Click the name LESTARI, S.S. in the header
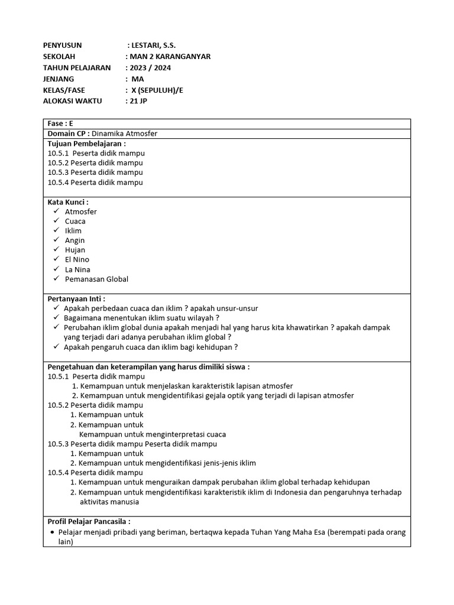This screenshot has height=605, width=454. pyautogui.click(x=153, y=45)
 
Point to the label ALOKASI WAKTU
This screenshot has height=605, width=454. pyautogui.click(x=73, y=101)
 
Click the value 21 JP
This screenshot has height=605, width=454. pyautogui.click(x=139, y=101)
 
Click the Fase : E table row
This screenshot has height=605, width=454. pyautogui.click(x=60, y=124)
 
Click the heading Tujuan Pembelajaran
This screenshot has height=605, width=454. pyautogui.click(x=86, y=144)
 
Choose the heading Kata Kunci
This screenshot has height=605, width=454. pyautogui.click(x=68, y=202)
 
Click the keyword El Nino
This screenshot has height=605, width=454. pyautogui.click(x=77, y=259)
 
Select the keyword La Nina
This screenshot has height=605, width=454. pyautogui.click(x=77, y=269)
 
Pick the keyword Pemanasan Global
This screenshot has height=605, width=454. pyautogui.click(x=96, y=279)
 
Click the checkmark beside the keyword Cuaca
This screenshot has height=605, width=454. pyautogui.click(x=56, y=221)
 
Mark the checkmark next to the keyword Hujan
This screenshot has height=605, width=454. pyautogui.click(x=56, y=250)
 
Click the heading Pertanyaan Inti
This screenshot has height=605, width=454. pyautogui.click(x=76, y=299)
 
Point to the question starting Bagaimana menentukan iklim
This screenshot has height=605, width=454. pyautogui.click(x=141, y=318)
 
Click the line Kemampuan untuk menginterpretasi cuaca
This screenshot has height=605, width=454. pyautogui.click(x=153, y=434)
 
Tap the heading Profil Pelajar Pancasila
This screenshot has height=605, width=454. pyautogui.click(x=89, y=521)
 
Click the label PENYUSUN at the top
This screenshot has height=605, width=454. pyautogui.click(x=63, y=45)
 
